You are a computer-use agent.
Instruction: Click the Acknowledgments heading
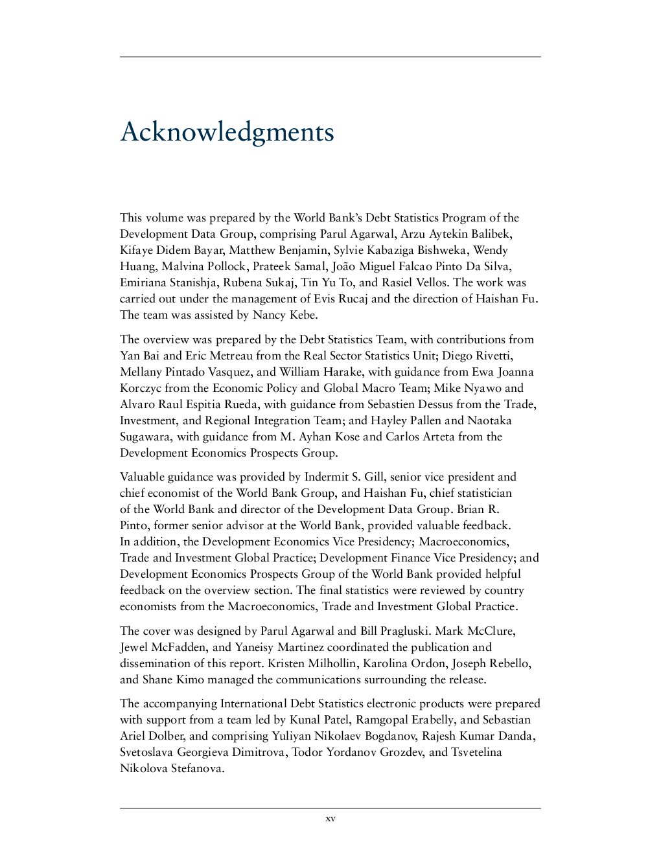[227, 132]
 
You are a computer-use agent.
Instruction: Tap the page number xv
[330, 819]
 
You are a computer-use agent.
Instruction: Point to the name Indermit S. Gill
[345, 477]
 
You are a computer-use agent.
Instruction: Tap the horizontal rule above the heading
[330, 57]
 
